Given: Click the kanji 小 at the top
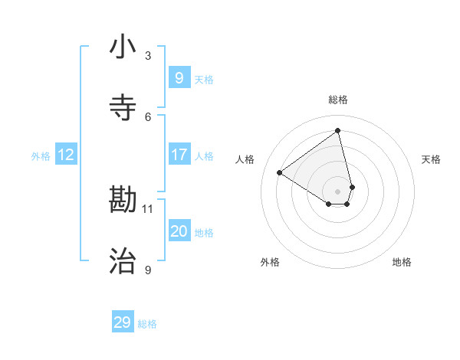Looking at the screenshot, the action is point(123,47).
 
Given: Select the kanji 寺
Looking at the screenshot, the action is point(123,109).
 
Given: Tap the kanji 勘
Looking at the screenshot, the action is point(123,201).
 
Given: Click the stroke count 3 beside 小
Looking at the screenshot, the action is point(148,55).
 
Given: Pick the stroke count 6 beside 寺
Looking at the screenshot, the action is point(148,116).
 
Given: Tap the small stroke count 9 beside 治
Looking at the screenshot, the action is point(148,270).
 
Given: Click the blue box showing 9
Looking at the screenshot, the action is point(179,78).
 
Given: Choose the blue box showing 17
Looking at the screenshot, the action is point(179,155).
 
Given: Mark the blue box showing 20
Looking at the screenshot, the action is point(179,231).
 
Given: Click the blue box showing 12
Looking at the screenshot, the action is point(65,155).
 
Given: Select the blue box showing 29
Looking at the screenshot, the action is point(123,322).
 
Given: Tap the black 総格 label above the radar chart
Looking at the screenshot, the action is point(338,100).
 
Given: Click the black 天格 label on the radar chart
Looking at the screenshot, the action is point(432,159).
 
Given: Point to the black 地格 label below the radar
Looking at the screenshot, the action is point(402,262).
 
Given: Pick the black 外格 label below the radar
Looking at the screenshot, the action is point(270,262).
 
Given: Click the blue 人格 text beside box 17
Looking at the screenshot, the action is point(204,156).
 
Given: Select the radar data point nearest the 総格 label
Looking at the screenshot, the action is point(338,130).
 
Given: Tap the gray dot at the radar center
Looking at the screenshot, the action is point(338,191).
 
